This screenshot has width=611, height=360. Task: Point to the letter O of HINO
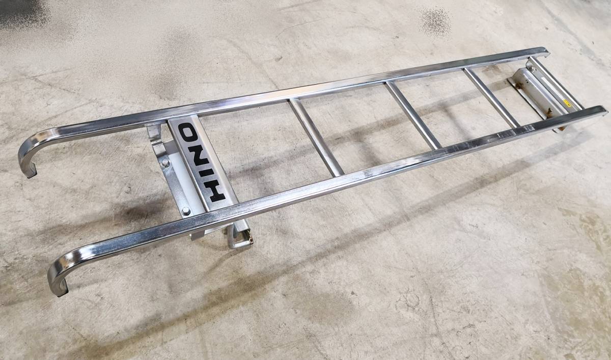(x=189, y=132)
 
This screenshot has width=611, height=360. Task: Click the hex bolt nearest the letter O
(x=165, y=163)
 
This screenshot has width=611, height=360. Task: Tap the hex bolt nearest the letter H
(x=186, y=211)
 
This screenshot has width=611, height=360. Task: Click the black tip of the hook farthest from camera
(x=32, y=173)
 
